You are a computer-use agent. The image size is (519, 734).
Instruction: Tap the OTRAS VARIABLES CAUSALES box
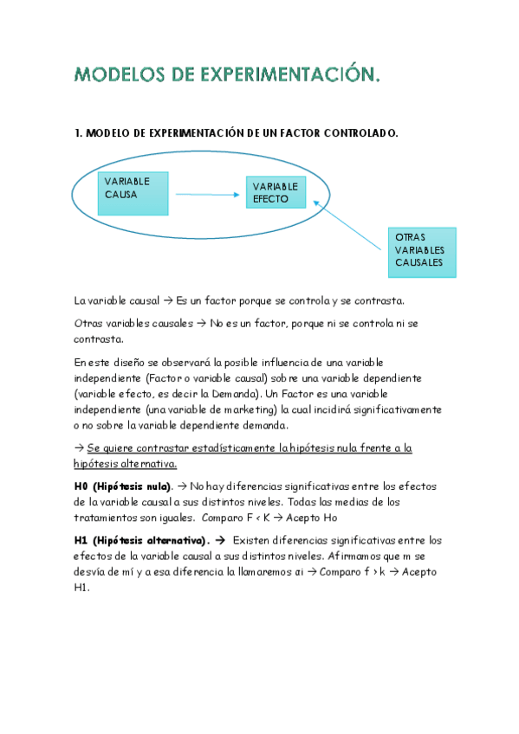(421, 252)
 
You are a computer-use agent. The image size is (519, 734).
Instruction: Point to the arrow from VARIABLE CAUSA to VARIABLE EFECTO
(207, 195)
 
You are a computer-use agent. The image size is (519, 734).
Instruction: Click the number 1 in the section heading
(78, 133)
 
